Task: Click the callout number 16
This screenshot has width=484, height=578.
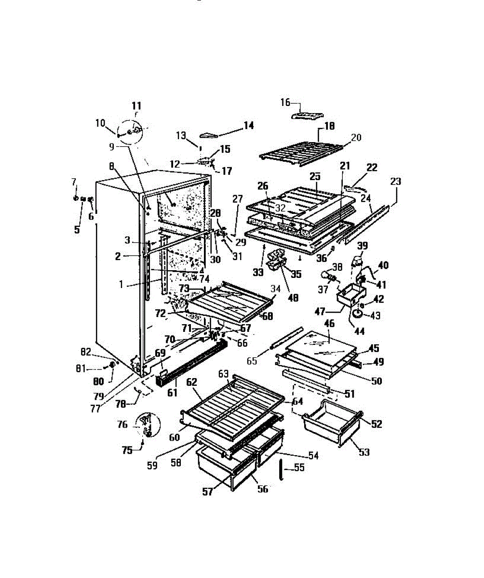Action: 285,102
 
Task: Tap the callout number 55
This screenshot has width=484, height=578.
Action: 299,467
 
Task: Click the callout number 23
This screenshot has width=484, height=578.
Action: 396,182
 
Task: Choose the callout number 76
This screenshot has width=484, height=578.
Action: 123,424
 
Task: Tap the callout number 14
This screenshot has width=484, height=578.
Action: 248,125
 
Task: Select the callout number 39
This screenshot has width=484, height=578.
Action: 362,245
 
